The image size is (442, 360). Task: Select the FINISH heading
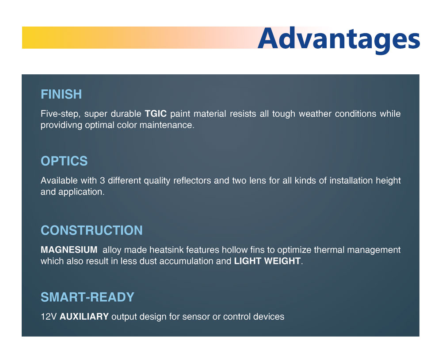coord(61,94)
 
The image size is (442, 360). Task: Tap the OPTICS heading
coord(64,161)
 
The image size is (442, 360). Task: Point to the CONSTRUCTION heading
coord(91,230)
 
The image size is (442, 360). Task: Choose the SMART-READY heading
coord(88,297)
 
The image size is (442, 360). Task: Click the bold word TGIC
coord(156,114)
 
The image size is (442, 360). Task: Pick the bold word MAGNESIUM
coord(69,250)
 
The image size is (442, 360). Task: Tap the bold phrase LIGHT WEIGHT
coord(267,261)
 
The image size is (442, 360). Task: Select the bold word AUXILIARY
coord(84,317)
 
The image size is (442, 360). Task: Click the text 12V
coord(49,317)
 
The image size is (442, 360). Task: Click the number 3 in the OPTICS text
coord(103,180)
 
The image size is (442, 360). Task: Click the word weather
coord(315,114)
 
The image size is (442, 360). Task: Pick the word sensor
coord(196,317)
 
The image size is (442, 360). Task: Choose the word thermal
coord(329,250)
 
